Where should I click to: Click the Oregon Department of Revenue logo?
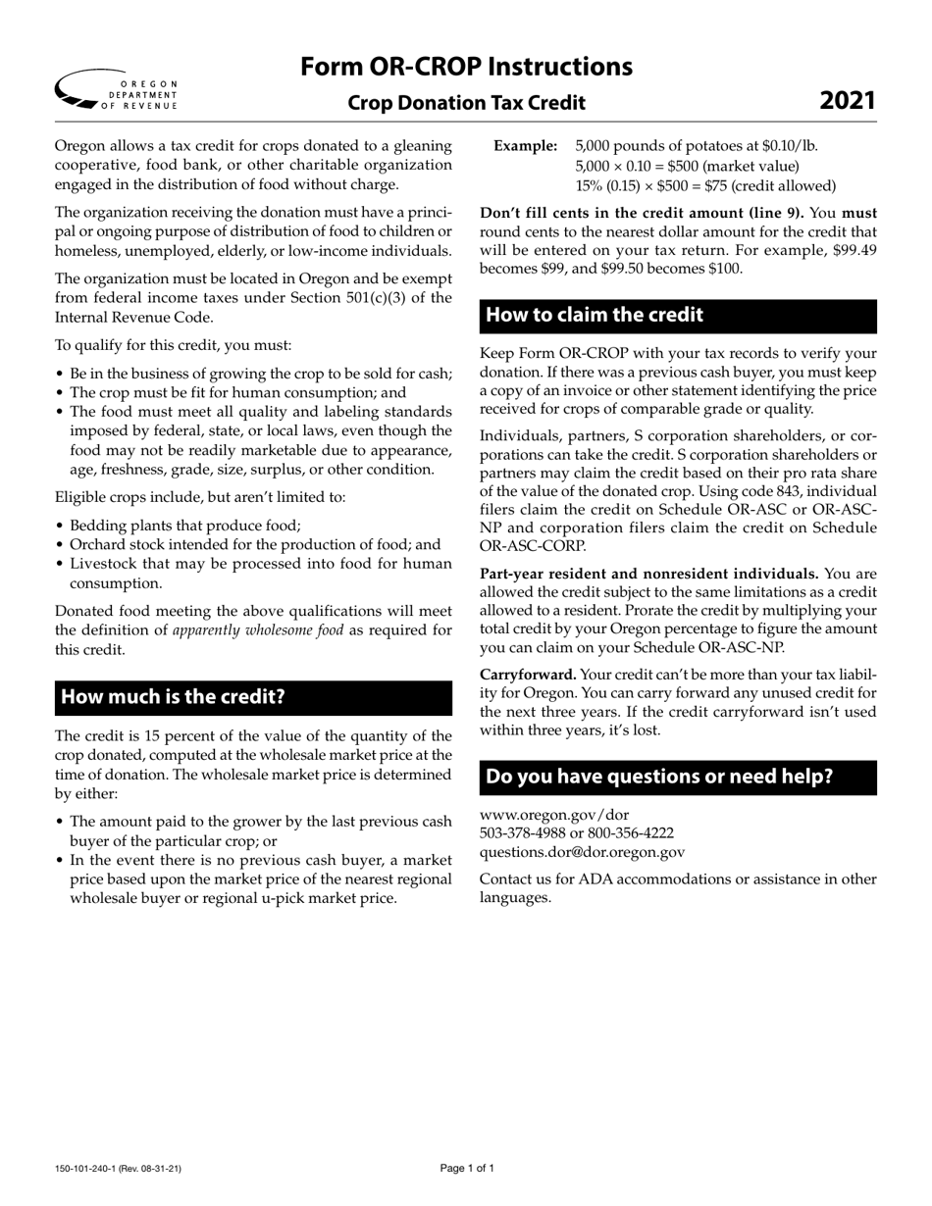[x=117, y=89]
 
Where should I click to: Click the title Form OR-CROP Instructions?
[x=466, y=67]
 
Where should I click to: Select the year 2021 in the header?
[x=848, y=101]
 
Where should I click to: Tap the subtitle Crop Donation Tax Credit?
[x=466, y=103]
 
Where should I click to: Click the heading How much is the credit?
[x=173, y=697]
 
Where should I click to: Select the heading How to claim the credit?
[x=595, y=315]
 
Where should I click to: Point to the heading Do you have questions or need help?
[x=659, y=777]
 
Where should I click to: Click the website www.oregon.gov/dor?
[x=554, y=815]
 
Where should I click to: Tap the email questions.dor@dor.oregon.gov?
[x=582, y=852]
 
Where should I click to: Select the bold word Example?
[x=526, y=146]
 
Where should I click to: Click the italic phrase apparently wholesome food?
[x=258, y=629]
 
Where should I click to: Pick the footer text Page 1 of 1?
[x=467, y=1168]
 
